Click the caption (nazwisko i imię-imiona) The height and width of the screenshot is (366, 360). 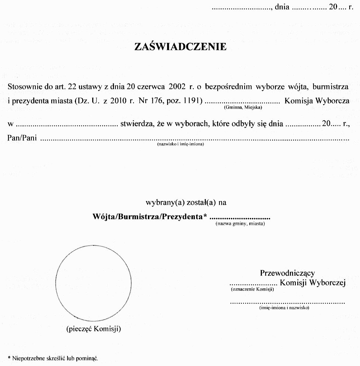coord(180,144)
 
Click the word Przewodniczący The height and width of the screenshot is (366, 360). coord(287,273)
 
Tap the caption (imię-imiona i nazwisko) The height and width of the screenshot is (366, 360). coord(284,307)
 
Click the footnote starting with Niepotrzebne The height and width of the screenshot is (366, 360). coord(54,358)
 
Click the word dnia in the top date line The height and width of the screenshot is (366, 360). coord(282,7)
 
